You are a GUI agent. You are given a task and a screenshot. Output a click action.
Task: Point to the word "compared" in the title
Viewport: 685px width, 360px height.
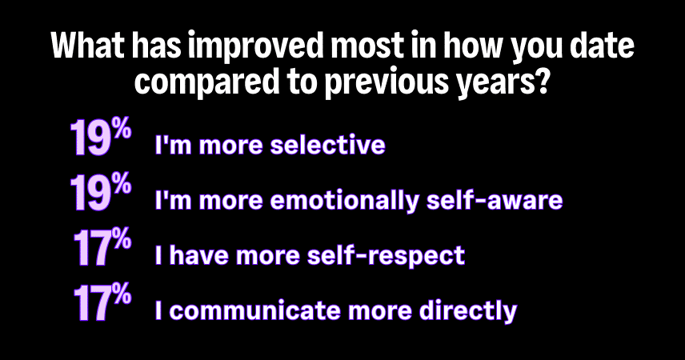click(206, 82)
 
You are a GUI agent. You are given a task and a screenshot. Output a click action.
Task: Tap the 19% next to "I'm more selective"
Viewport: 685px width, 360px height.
click(101, 137)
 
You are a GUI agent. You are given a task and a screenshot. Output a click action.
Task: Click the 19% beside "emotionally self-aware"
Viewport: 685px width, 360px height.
click(101, 192)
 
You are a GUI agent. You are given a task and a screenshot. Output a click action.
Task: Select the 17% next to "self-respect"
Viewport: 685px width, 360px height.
click(102, 248)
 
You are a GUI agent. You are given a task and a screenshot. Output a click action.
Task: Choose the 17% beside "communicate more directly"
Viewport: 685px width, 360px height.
click(102, 302)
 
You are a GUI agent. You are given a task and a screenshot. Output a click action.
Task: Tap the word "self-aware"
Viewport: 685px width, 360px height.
click(495, 200)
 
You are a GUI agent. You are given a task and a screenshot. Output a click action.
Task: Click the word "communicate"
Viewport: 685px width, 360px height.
click(254, 310)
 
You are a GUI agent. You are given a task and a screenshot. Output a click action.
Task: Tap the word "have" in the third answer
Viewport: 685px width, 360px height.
click(198, 255)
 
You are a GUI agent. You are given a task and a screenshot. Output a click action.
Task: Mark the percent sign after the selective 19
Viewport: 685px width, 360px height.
click(121, 130)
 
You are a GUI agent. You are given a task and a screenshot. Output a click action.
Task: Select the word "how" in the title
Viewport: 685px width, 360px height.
click(474, 45)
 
